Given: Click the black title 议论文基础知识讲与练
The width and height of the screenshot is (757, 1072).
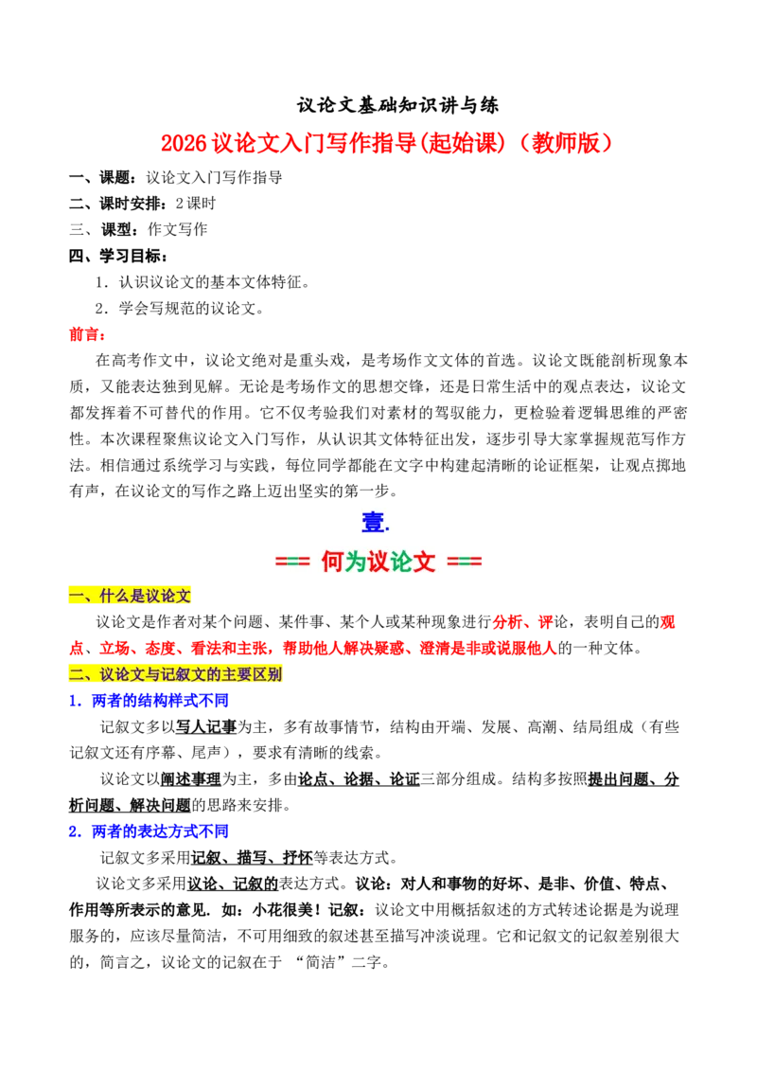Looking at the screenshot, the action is [x=397, y=105].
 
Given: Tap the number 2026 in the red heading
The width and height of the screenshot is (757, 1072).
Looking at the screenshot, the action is [x=184, y=143].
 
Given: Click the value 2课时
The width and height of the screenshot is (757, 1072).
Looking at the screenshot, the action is [x=195, y=204].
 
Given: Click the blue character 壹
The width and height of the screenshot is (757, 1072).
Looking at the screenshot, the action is [x=373, y=523].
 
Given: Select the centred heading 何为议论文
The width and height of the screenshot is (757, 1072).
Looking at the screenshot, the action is [x=378, y=562].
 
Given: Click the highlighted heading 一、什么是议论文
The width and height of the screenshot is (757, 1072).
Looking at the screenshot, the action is [x=130, y=597].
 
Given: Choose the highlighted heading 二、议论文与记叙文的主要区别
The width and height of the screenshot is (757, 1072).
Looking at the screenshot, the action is [x=176, y=675].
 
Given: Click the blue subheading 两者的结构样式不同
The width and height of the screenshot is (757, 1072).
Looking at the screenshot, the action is [x=160, y=701].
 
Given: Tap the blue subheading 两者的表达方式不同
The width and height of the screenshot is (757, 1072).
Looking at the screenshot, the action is [x=160, y=831].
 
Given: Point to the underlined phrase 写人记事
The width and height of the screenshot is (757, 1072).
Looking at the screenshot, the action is [x=206, y=726].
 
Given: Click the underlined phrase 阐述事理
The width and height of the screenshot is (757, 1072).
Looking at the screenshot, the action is [x=190, y=779].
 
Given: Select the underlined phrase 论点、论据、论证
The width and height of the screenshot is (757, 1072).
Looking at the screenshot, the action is [x=359, y=779].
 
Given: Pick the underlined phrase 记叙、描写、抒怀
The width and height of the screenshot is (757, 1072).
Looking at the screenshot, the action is [x=252, y=858].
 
